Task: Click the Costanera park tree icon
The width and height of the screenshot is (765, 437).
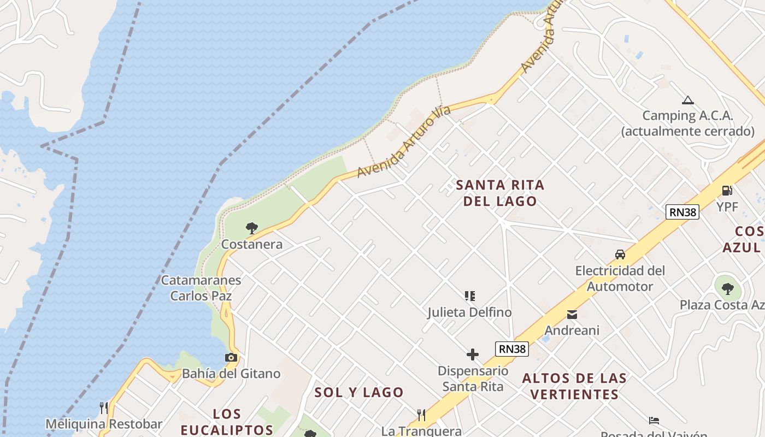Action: (x=251, y=228)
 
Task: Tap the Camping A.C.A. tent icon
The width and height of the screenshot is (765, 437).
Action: (x=687, y=100)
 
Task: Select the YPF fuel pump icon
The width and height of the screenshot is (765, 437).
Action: (x=727, y=191)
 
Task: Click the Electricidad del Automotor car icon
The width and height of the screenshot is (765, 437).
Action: (x=620, y=255)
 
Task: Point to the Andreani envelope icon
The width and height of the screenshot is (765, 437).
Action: (x=572, y=315)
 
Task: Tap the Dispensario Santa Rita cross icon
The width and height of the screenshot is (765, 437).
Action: (x=473, y=355)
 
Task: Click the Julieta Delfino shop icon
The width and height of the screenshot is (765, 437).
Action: (x=469, y=296)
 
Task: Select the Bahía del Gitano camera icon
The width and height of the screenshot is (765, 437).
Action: (x=231, y=358)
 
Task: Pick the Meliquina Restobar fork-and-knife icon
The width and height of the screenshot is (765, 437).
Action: (x=104, y=408)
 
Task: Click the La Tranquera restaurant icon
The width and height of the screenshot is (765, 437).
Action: (x=421, y=415)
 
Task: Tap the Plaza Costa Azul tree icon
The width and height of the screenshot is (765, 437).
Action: (x=727, y=288)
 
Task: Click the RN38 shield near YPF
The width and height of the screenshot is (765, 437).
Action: (x=682, y=212)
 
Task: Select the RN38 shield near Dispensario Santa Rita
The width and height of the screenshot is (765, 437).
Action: (x=512, y=349)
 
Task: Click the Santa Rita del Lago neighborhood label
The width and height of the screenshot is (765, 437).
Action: (x=500, y=193)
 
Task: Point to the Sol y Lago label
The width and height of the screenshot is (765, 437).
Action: (x=359, y=392)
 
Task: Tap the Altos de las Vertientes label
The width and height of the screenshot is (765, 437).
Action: (x=574, y=386)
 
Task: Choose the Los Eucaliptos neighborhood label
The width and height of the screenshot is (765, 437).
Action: (x=227, y=422)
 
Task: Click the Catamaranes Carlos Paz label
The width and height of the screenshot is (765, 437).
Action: (x=201, y=288)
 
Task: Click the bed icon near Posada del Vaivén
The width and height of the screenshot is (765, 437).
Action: (x=654, y=421)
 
